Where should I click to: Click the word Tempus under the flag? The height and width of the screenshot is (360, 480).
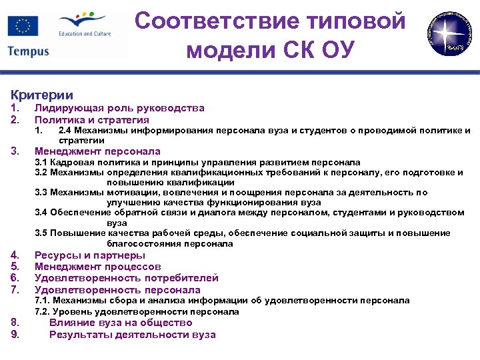(x=29, y=51)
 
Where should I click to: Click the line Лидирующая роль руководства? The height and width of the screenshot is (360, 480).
(x=119, y=108)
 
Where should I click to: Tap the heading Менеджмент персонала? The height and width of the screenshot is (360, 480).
(x=97, y=151)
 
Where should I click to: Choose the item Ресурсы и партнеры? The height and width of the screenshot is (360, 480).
(x=90, y=255)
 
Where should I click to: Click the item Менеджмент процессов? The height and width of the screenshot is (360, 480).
(x=97, y=267)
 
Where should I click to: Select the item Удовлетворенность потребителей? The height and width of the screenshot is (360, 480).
(x=126, y=278)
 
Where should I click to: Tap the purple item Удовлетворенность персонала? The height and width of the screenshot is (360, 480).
(x=117, y=290)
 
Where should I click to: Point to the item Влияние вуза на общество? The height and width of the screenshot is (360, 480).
(x=121, y=323)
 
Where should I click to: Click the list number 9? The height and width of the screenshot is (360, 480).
(x=15, y=335)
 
